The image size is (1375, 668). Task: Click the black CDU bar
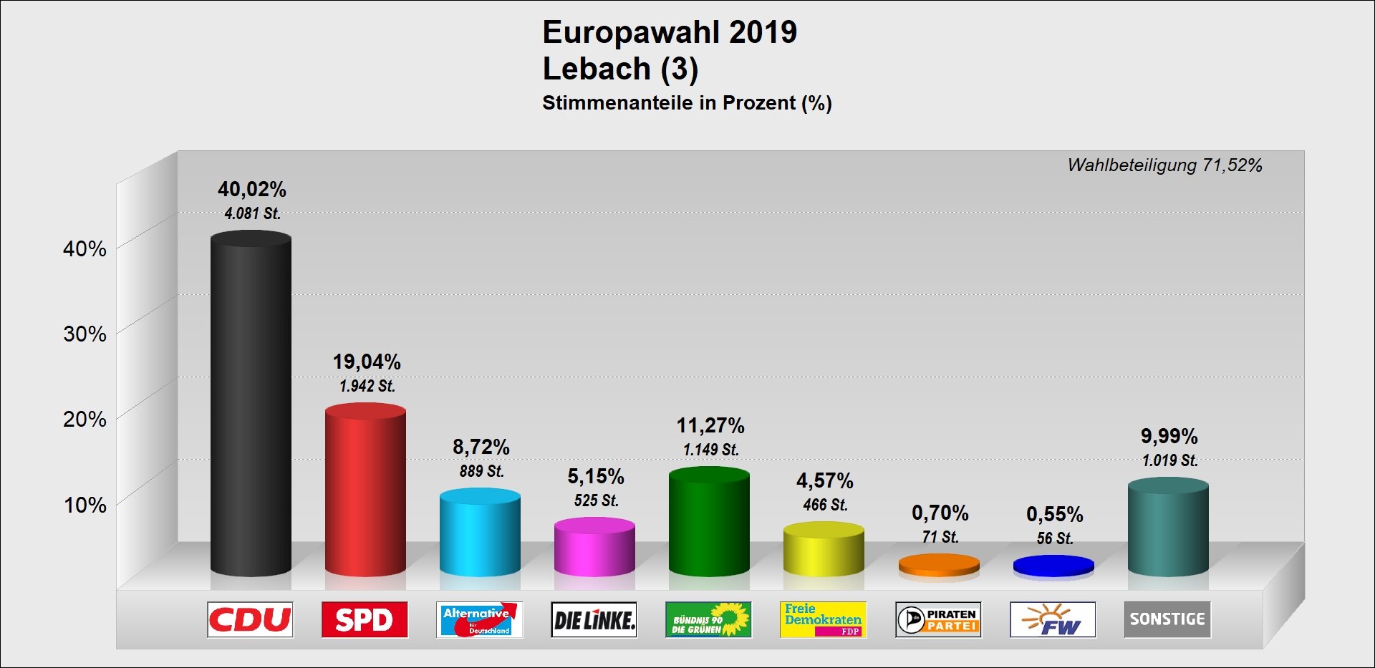coord(251,405)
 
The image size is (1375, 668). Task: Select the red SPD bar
coord(365,490)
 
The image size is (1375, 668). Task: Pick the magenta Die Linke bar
coord(594,548)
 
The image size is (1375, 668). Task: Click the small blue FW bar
coord(1053,566)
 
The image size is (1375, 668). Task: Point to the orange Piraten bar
coord(939,565)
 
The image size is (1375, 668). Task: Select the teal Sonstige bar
coord(1168,528)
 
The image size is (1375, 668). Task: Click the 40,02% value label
coord(252,189)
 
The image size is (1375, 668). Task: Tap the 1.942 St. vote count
coord(367,386)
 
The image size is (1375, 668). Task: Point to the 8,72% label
coord(481,447)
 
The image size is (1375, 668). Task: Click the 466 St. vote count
coord(825,505)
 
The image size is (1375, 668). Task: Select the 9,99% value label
coord(1169,436)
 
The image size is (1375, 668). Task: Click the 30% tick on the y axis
coord(85,334)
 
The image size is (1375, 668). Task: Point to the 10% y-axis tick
coord(85,505)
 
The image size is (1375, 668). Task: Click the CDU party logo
coord(250,619)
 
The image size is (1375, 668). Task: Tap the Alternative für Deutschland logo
coord(479,619)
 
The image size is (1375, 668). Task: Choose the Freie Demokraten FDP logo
coord(823,619)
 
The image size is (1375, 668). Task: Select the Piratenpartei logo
coord(938,619)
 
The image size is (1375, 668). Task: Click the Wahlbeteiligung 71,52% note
coord(1164,165)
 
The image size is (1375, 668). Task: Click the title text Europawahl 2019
coord(670,32)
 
